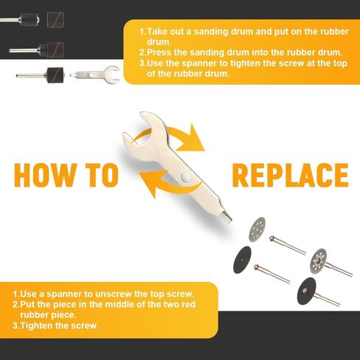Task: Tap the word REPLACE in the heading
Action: tap(291, 175)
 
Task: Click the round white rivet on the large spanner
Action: tap(186, 176)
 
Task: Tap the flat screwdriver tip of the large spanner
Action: tap(226, 218)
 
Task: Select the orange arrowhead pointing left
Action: tap(150, 183)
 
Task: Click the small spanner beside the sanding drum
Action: tap(94, 74)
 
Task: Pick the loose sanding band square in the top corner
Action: tap(55, 20)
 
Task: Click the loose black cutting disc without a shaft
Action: tap(243, 260)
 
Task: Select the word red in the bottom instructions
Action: tap(188, 305)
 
